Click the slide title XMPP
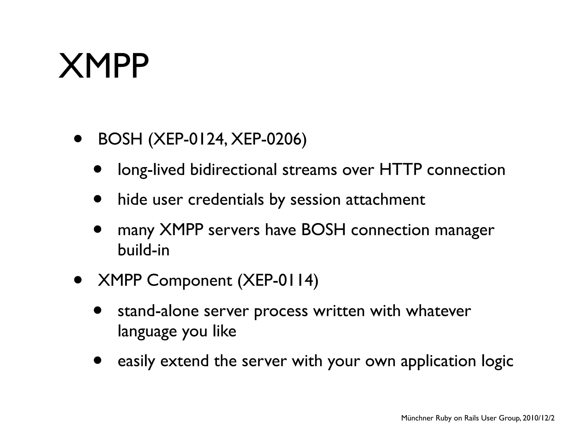click(x=103, y=66)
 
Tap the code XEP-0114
click(x=278, y=280)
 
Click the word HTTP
click(x=400, y=170)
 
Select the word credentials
click(x=226, y=200)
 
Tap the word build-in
click(x=143, y=250)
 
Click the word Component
click(x=189, y=280)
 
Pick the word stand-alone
click(x=158, y=311)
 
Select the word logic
click(x=497, y=361)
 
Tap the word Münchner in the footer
click(x=417, y=418)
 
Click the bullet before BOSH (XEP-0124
click(x=78, y=139)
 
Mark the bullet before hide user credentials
click(x=98, y=199)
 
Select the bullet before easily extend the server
click(x=98, y=361)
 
